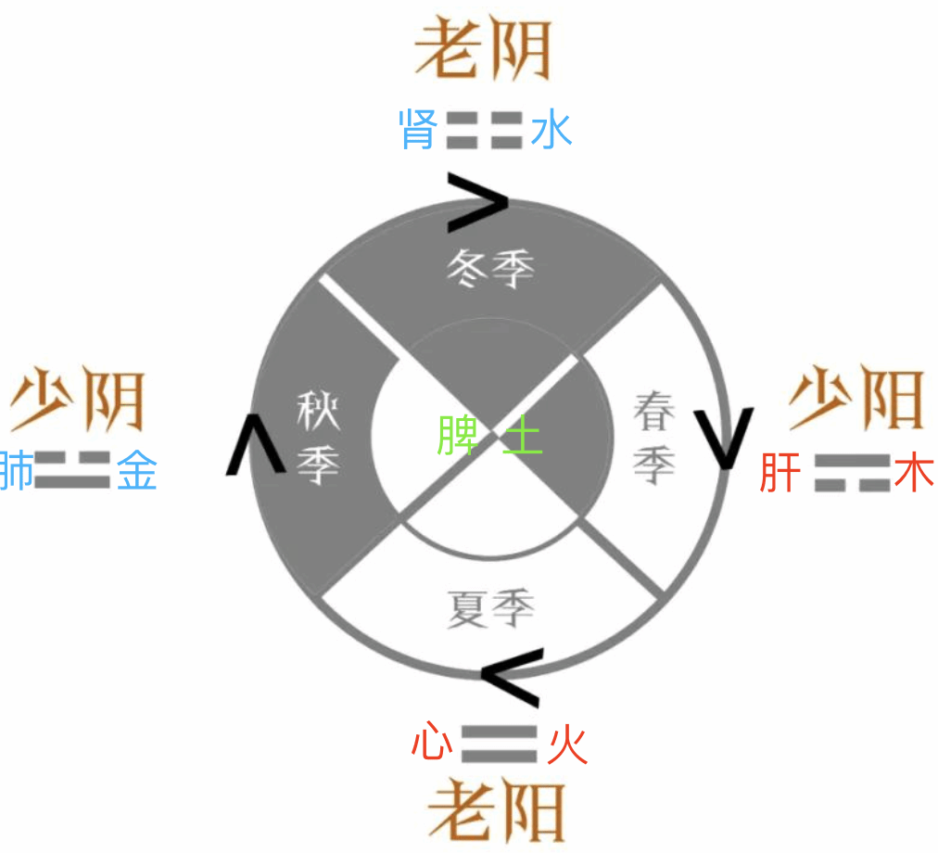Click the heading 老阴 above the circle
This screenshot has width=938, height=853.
483,50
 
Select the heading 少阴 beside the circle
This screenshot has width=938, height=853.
78,401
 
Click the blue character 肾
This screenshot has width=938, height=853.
418,129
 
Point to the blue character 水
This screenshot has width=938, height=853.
551,129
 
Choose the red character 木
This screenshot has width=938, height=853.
915,473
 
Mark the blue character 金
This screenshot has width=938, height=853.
137,471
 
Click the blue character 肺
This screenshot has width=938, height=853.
17,471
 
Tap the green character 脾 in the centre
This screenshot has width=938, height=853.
458,436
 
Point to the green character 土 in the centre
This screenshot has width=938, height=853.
522,436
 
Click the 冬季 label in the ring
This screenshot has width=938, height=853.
491,269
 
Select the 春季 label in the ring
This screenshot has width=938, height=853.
653,438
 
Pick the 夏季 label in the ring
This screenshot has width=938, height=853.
491,610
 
